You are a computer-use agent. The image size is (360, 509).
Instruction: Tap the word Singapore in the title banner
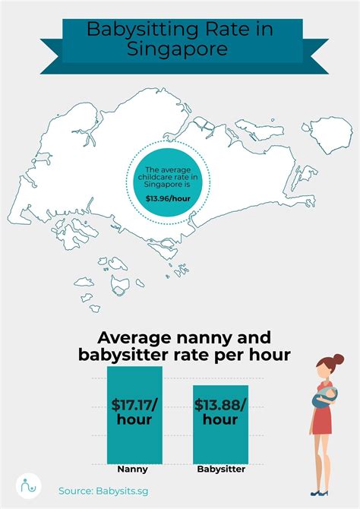coord(180,50)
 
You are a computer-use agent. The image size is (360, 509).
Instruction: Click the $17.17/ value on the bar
coord(134,403)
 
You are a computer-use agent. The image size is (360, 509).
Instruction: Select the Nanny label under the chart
coord(132,469)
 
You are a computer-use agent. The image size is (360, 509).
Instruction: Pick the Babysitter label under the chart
coord(221,469)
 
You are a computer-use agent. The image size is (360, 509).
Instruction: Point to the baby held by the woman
coord(329,396)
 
